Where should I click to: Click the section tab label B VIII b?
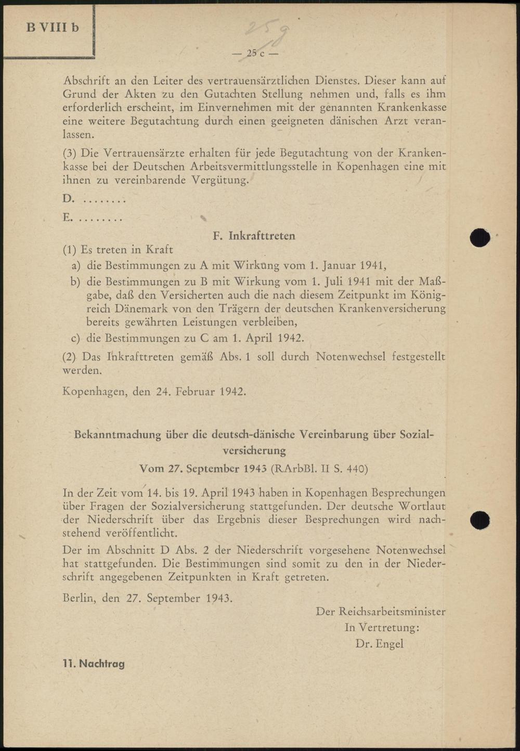click(x=53, y=28)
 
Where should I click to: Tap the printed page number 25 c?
click(x=255, y=53)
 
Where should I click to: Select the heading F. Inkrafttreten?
click(x=254, y=236)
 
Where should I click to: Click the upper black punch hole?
click(x=479, y=237)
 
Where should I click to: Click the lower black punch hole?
click(x=479, y=520)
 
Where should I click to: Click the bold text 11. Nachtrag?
click(x=94, y=664)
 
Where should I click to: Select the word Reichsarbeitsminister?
click(x=392, y=612)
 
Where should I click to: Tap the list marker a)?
click(x=76, y=265)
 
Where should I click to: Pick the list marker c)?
click(x=76, y=338)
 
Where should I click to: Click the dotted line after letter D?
click(x=104, y=200)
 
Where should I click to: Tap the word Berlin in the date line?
click(x=79, y=598)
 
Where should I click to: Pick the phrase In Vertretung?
click(x=382, y=628)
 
